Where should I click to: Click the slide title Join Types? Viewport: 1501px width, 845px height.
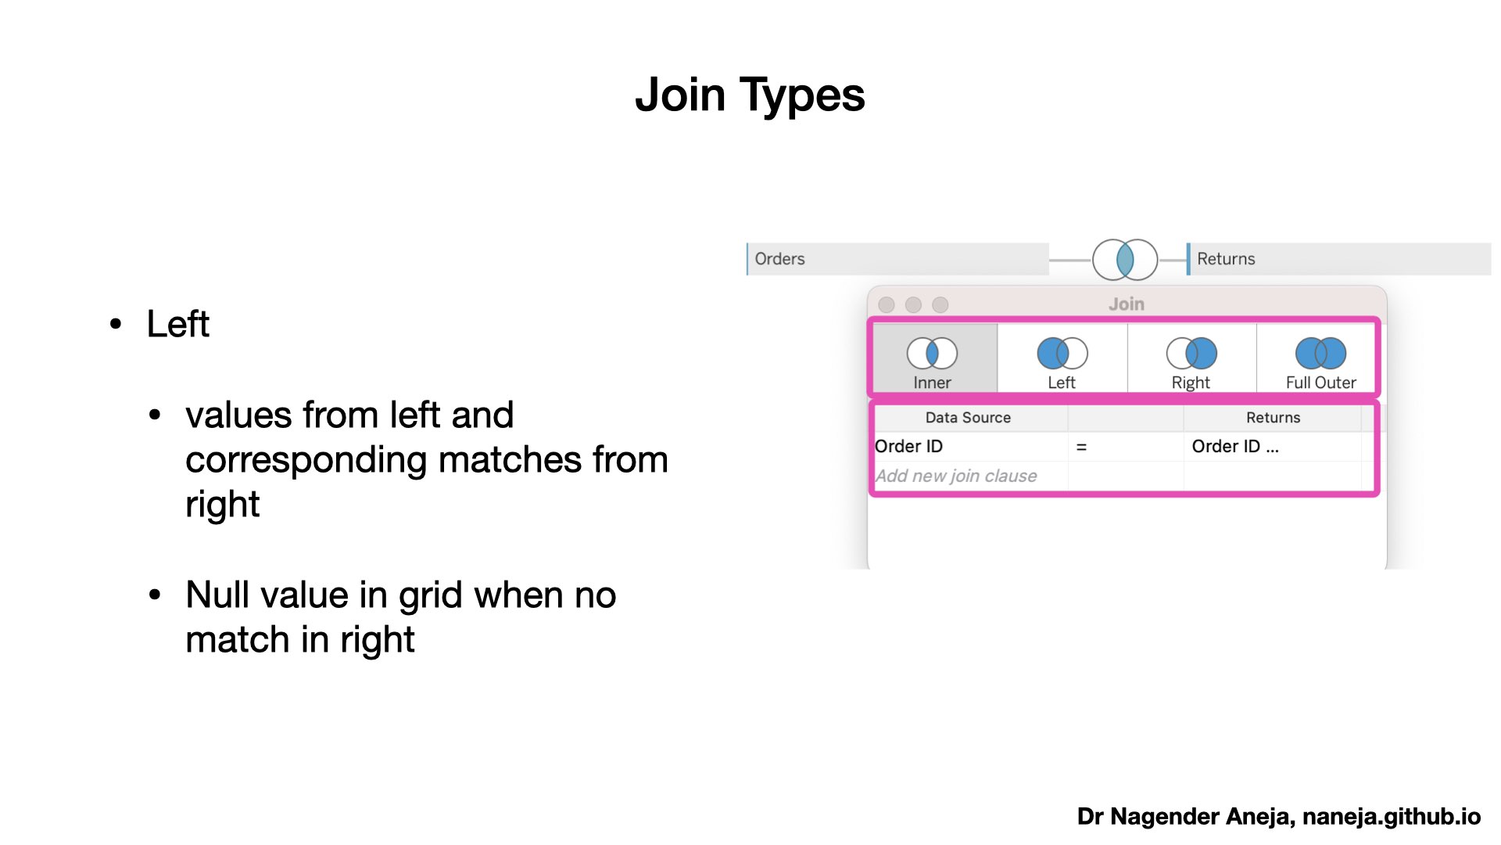pos(750,95)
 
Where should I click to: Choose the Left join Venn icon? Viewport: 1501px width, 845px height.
pos(1062,353)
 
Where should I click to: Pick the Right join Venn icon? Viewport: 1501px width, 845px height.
pos(1191,353)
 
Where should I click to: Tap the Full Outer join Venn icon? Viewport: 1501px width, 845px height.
pos(1320,353)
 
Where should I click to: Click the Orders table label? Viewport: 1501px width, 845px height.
pos(779,259)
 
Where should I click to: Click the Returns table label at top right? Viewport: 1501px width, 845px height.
pos(1226,259)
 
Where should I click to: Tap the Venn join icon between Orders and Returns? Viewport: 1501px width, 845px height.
pos(1125,260)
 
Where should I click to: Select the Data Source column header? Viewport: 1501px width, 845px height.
pos(968,418)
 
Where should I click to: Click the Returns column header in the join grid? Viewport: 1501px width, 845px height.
pos(1273,418)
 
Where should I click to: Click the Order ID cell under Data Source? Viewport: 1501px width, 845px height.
pos(908,447)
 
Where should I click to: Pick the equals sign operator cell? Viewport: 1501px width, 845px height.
pos(1081,447)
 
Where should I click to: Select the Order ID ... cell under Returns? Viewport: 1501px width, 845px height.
pos(1235,447)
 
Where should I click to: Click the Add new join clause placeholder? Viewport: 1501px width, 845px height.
pos(956,476)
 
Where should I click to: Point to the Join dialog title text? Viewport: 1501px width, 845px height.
pos(1127,304)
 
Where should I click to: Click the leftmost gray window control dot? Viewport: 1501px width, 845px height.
pos(887,304)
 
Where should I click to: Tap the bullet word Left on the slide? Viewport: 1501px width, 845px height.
pos(178,324)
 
